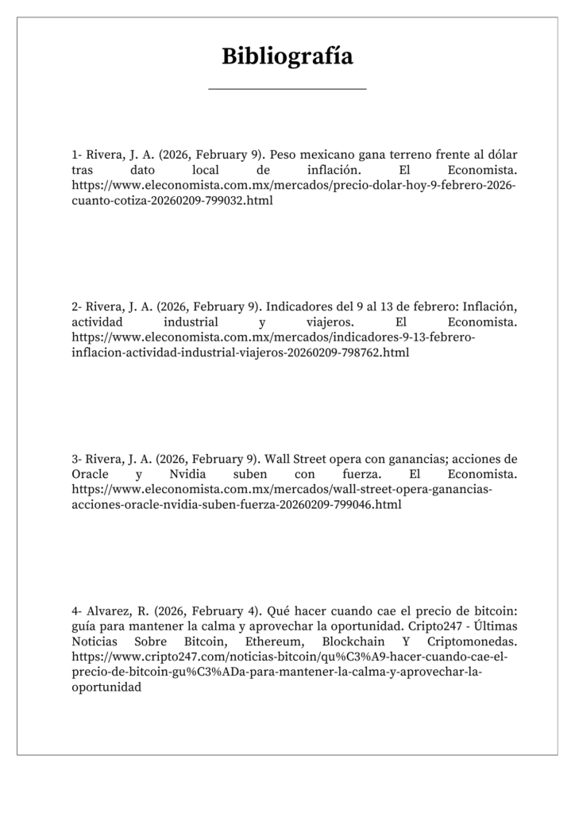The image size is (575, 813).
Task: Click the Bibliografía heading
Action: pos(287,56)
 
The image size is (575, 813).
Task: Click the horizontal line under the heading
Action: pos(287,89)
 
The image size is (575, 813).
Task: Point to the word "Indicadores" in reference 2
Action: pos(298,306)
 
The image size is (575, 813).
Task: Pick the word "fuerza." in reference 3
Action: pos(346,475)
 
